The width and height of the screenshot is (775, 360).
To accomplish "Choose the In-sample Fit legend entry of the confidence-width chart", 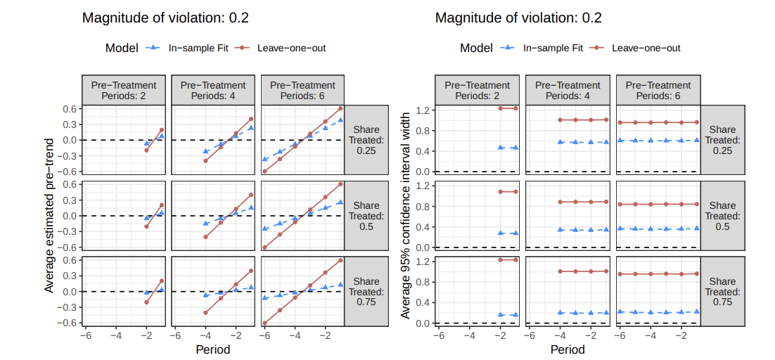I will pyautogui.click(x=553, y=48).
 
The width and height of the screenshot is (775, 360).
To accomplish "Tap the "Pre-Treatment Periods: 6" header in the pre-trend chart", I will pyautogui.click(x=302, y=90).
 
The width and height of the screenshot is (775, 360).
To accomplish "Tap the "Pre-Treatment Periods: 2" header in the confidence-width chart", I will pyautogui.click(x=478, y=90).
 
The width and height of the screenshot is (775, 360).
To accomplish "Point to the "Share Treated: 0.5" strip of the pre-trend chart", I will pyautogui.click(x=366, y=216).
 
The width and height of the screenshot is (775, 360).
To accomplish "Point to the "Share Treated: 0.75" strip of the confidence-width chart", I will pyautogui.click(x=722, y=291).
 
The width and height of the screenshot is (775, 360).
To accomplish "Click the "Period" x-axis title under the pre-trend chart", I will pyautogui.click(x=213, y=349).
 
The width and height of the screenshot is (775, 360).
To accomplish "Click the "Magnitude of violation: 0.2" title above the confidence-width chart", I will pyautogui.click(x=518, y=18).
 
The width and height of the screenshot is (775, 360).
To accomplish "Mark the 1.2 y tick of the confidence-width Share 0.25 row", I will pyautogui.click(x=423, y=110).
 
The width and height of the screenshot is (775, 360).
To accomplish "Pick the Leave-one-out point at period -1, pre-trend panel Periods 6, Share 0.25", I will pyautogui.click(x=341, y=108).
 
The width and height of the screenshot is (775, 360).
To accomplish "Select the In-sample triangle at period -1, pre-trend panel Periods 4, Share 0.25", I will pyautogui.click(x=251, y=127).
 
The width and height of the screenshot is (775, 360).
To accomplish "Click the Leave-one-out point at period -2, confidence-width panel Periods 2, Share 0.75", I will pyautogui.click(x=500, y=260).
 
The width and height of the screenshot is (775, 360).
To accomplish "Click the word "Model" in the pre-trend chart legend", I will pyautogui.click(x=122, y=48).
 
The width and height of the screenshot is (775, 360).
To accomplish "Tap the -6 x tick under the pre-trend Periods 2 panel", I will pyautogui.click(x=86, y=336).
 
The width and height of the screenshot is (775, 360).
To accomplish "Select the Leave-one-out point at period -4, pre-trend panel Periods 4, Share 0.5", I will pyautogui.click(x=205, y=237).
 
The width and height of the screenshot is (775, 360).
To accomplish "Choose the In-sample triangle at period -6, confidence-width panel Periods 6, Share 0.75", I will pyautogui.click(x=621, y=311).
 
